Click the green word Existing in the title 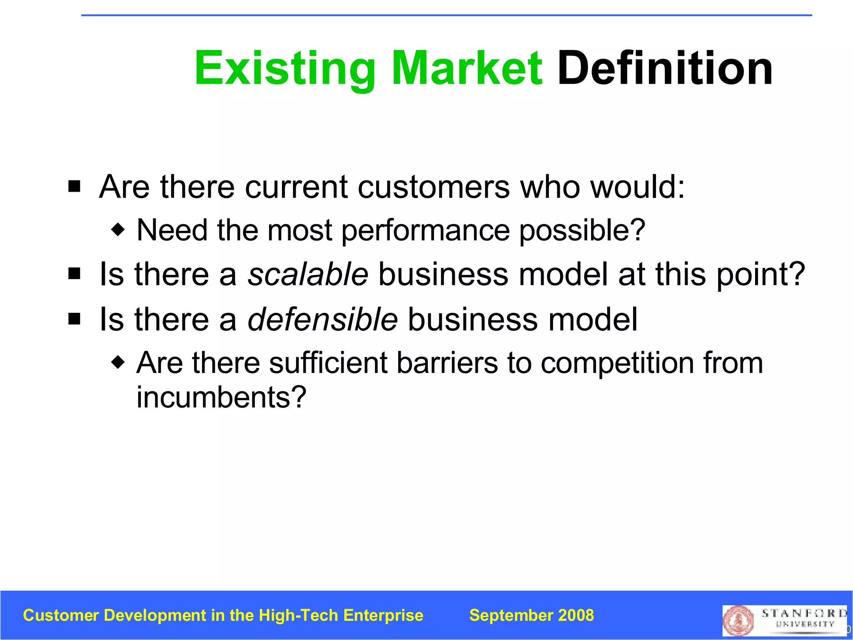[285, 68]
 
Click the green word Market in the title [467, 68]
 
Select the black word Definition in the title [665, 68]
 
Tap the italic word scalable [308, 274]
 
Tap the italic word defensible [323, 319]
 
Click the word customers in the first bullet [434, 187]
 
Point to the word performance [425, 230]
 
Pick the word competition [617, 362]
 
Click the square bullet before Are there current [75, 186]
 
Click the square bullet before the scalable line [75, 274]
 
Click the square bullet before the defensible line [75, 319]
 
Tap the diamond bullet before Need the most [118, 229]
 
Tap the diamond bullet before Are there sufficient [118, 362]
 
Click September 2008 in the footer [531, 615]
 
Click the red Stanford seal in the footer [738, 620]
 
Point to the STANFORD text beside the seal [804, 613]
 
